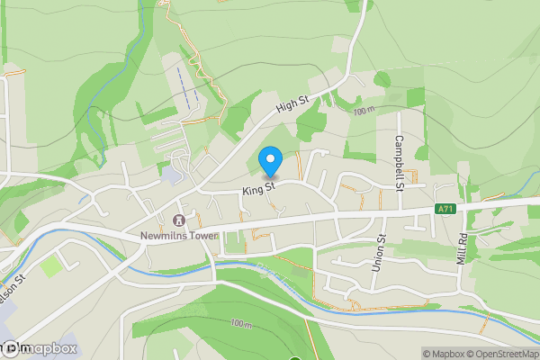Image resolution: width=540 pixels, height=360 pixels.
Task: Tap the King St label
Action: [x=256, y=189]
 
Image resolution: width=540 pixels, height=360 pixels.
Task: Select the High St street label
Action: [x=292, y=106]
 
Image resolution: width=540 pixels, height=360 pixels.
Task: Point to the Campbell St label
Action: [x=400, y=163]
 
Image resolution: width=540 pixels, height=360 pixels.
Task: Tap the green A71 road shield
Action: [x=445, y=210]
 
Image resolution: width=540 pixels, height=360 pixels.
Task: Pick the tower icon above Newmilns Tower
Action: [x=178, y=220]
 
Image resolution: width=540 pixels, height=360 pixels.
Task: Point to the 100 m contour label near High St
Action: [x=363, y=112]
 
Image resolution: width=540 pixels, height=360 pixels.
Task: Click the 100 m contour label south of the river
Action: [x=241, y=323]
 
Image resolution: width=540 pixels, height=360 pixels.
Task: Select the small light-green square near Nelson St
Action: [x=52, y=265]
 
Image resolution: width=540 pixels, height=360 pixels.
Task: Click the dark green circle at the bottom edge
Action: [x=293, y=358]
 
